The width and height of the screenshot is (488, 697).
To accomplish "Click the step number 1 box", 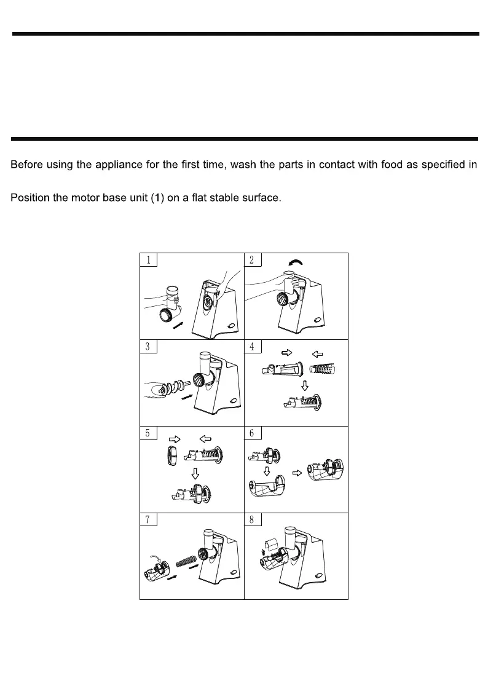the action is [149, 259].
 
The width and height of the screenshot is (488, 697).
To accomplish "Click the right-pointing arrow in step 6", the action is [296, 473].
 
